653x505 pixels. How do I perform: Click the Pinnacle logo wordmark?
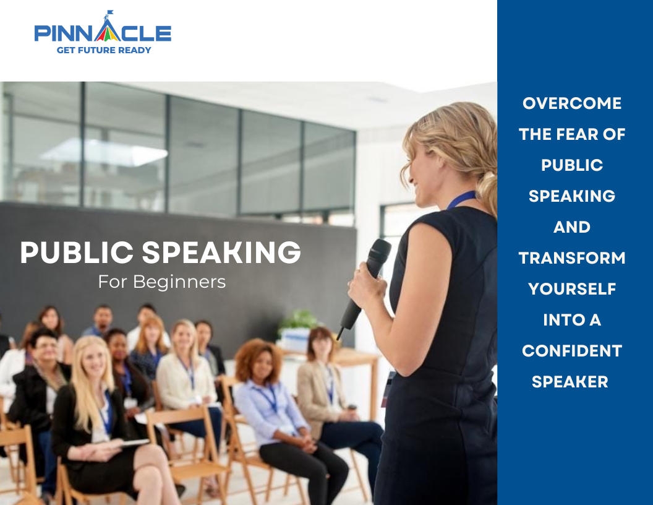(103, 33)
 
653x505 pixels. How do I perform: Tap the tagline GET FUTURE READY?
(104, 50)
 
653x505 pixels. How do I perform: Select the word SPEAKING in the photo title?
(221, 252)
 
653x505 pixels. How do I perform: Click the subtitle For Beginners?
(162, 282)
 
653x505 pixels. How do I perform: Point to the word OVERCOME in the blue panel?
(572, 103)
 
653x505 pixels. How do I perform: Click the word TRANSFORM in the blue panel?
(572, 258)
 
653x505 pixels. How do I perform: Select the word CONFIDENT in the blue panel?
(572, 351)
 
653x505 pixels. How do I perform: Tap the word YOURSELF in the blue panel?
(572, 289)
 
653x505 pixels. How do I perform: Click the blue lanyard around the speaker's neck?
(461, 199)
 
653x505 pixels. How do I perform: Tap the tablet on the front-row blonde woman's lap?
(132, 443)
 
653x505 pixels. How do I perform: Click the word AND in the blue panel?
(572, 227)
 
